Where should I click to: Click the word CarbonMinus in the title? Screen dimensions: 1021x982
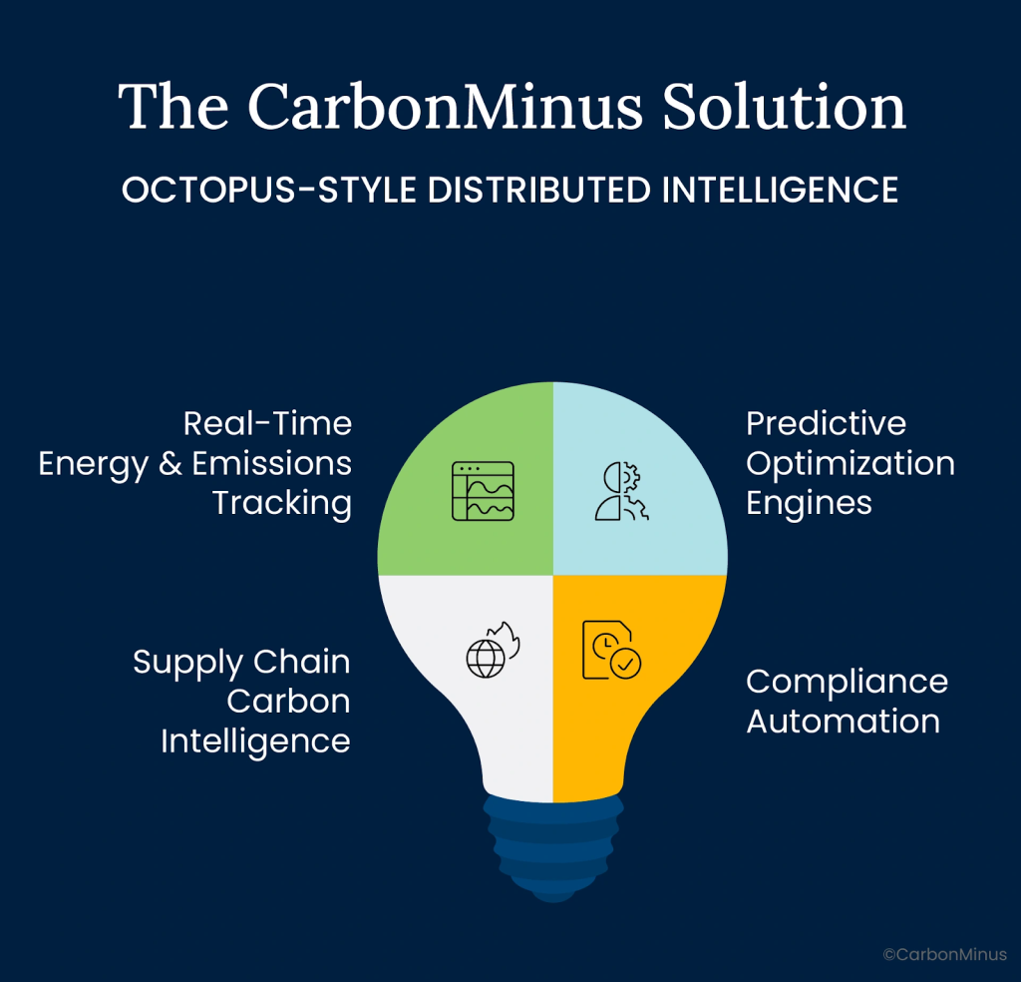point(445,106)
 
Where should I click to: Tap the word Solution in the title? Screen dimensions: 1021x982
point(784,106)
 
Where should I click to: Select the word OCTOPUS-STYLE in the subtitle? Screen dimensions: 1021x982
point(269,191)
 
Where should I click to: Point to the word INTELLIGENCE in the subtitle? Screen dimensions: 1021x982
point(780,191)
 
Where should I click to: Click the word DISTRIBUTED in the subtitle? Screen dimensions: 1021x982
point(539,191)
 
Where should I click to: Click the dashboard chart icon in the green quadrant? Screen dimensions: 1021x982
point(484,491)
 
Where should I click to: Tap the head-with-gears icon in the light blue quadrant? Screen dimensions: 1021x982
point(622,491)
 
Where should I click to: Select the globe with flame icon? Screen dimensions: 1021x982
point(493,650)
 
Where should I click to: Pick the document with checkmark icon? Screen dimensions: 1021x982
point(611,650)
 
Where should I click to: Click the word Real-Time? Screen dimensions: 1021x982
point(267,423)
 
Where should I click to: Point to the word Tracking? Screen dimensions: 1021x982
point(282,504)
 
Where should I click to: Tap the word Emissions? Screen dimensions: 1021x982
point(271,463)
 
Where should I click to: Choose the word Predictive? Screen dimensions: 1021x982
point(826,423)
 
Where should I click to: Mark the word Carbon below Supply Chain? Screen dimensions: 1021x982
point(288,702)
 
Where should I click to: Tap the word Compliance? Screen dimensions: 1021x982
point(848,683)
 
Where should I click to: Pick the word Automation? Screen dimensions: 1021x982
point(844,722)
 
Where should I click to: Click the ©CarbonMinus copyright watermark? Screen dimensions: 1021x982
point(945,955)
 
